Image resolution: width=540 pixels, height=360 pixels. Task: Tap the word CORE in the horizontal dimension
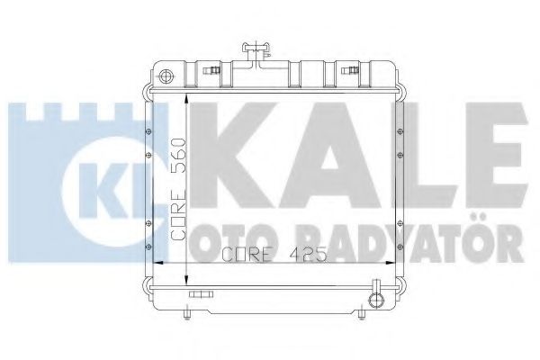click(x=243, y=254)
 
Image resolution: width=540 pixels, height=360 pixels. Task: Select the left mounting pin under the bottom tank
click(x=184, y=312)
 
